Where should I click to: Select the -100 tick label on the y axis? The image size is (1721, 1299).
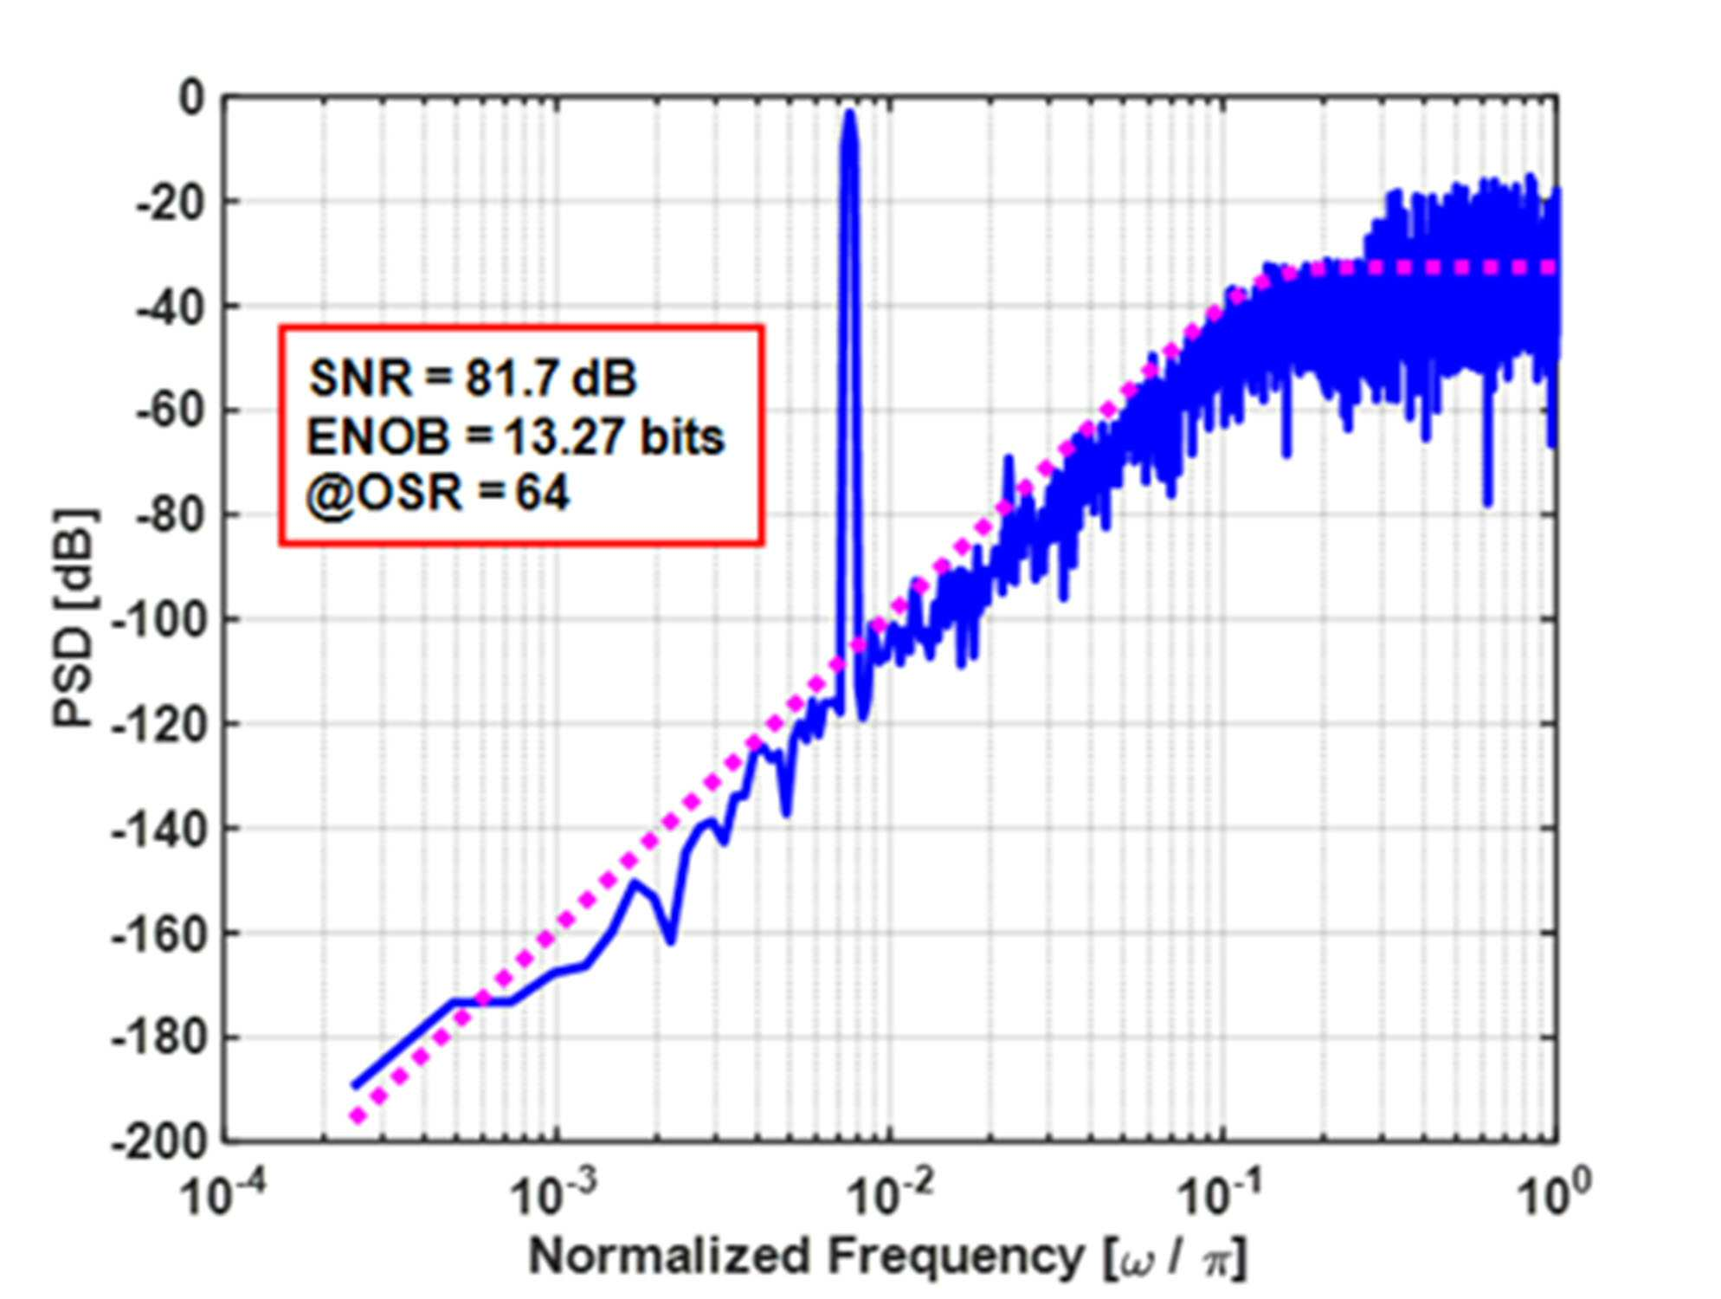coord(160,619)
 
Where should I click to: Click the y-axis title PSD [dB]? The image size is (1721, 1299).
coord(75,617)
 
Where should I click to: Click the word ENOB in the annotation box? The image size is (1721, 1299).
coord(378,436)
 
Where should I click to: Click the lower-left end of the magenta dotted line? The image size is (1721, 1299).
coord(356,1117)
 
